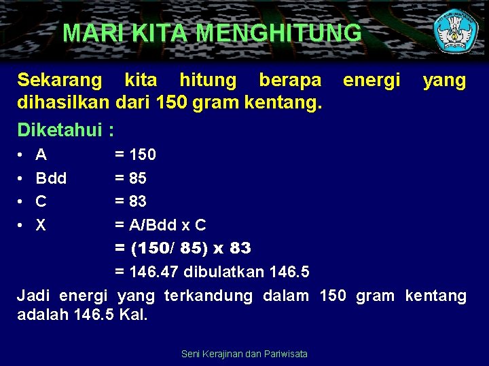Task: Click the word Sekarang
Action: (60, 81)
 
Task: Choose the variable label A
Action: (41, 155)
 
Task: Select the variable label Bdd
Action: (51, 178)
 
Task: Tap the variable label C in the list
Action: (41, 201)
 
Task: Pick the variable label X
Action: (41, 225)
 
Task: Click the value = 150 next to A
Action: (135, 155)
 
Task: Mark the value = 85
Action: (130, 178)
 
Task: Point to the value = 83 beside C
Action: (130, 201)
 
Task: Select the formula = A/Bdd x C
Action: (160, 225)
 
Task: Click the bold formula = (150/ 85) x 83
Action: (183, 248)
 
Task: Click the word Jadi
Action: (34, 296)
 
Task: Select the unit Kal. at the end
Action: (133, 315)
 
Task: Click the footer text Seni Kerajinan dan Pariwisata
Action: (244, 354)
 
